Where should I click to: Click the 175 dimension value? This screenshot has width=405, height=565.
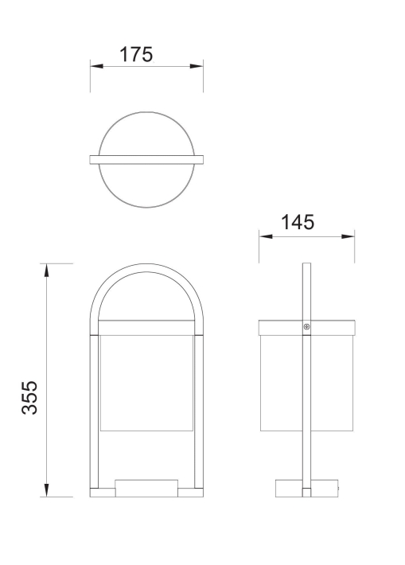(x=136, y=54)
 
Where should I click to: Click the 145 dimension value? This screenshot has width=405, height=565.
(x=298, y=222)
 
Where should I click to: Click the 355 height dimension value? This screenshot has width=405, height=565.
(x=29, y=397)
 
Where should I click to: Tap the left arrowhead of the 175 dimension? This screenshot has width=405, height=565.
(x=96, y=66)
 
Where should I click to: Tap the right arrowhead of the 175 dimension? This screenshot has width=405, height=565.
(x=197, y=66)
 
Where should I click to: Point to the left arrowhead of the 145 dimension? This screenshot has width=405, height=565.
(x=266, y=236)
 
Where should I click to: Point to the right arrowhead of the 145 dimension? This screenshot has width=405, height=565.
(x=348, y=236)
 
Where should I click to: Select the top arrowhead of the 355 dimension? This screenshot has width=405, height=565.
(x=46, y=271)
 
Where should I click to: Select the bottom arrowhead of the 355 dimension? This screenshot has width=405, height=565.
(x=46, y=490)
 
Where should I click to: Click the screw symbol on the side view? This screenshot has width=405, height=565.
(x=306, y=327)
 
